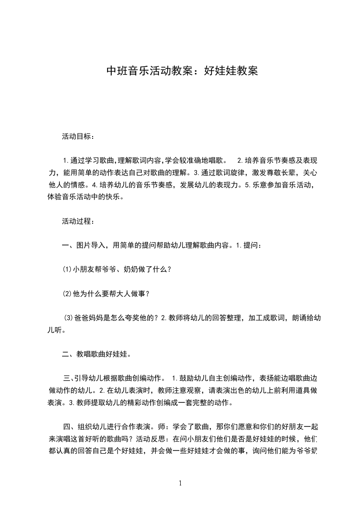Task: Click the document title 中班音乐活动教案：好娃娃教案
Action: click(182, 71)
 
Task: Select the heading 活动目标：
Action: click(78, 136)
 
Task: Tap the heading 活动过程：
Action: click(78, 221)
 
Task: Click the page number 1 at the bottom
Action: click(180, 483)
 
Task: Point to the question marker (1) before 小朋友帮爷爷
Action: click(67, 269)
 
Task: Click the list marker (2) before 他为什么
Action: click(67, 293)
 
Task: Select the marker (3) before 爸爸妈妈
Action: click(68, 318)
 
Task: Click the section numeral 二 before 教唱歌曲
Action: click(65, 354)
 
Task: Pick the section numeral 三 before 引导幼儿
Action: click(66, 378)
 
